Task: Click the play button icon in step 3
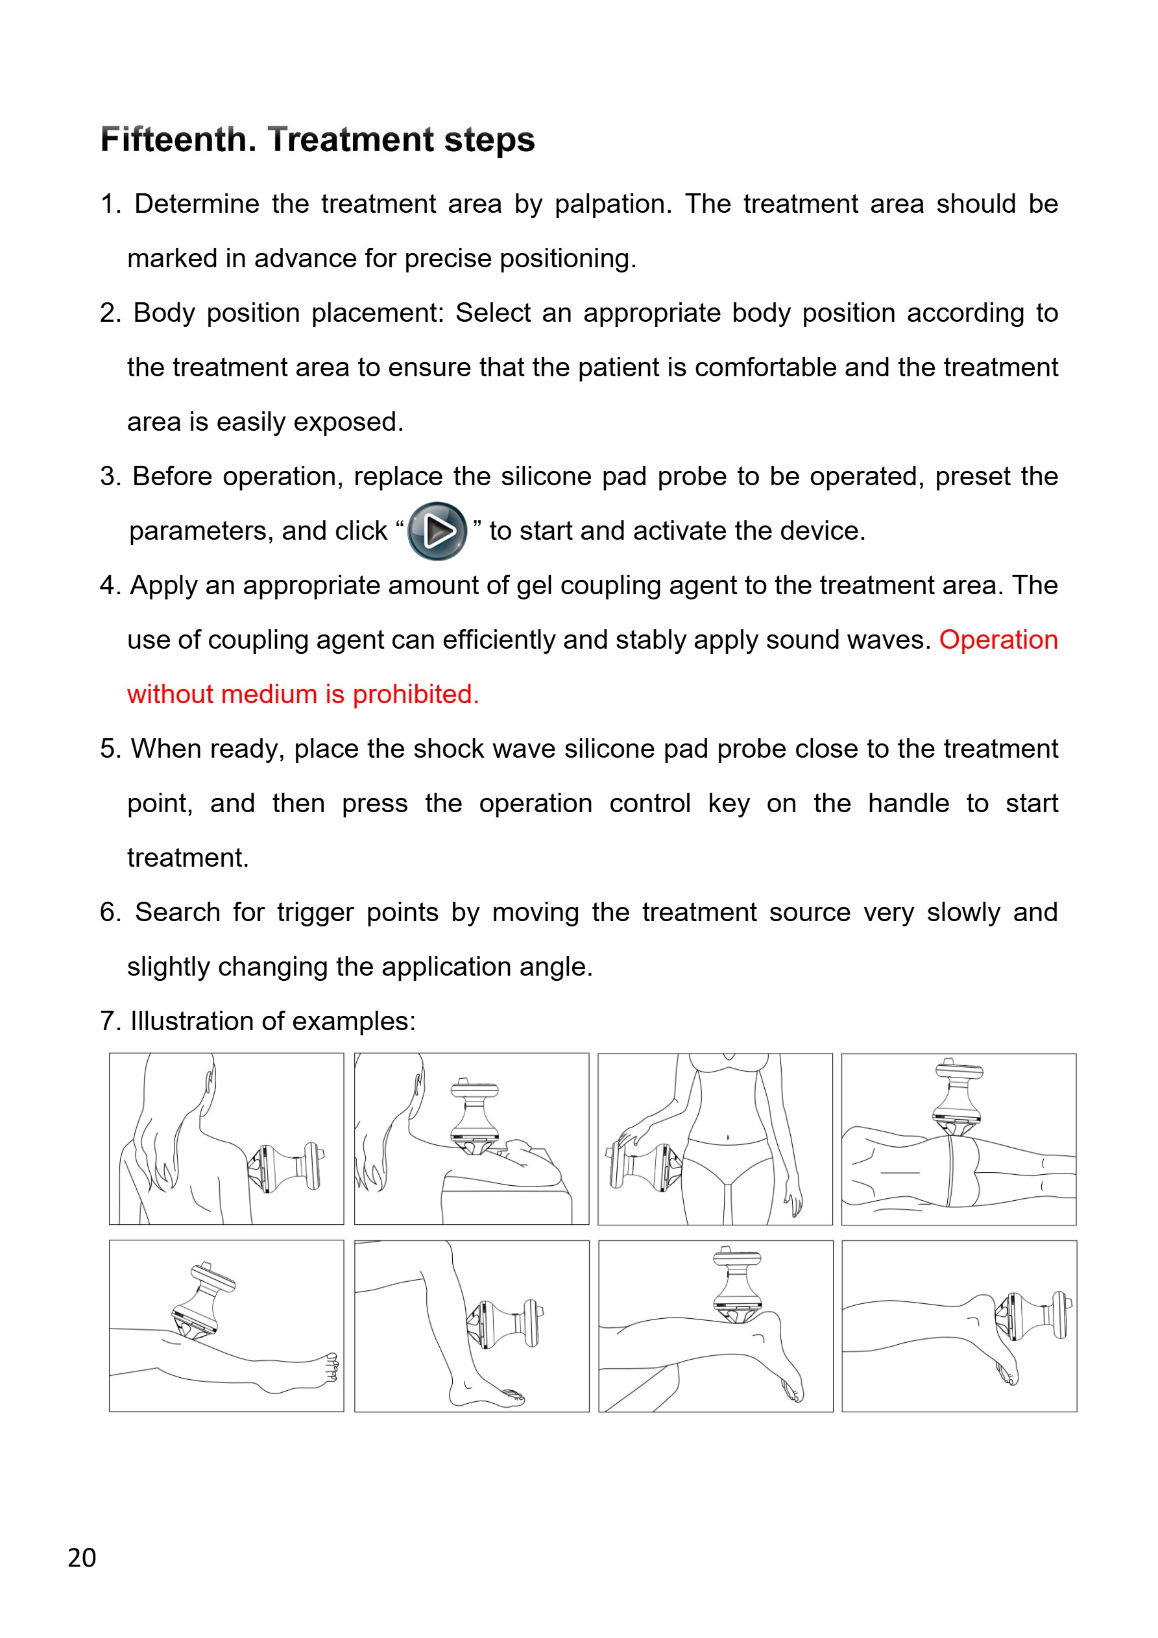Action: [x=437, y=531]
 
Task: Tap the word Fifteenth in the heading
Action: [x=178, y=140]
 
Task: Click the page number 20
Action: [x=82, y=1557]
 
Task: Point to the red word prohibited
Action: [x=415, y=694]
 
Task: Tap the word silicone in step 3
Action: [x=546, y=477]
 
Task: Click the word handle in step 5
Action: [x=908, y=803]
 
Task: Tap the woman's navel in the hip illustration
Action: [x=727, y=1137]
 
